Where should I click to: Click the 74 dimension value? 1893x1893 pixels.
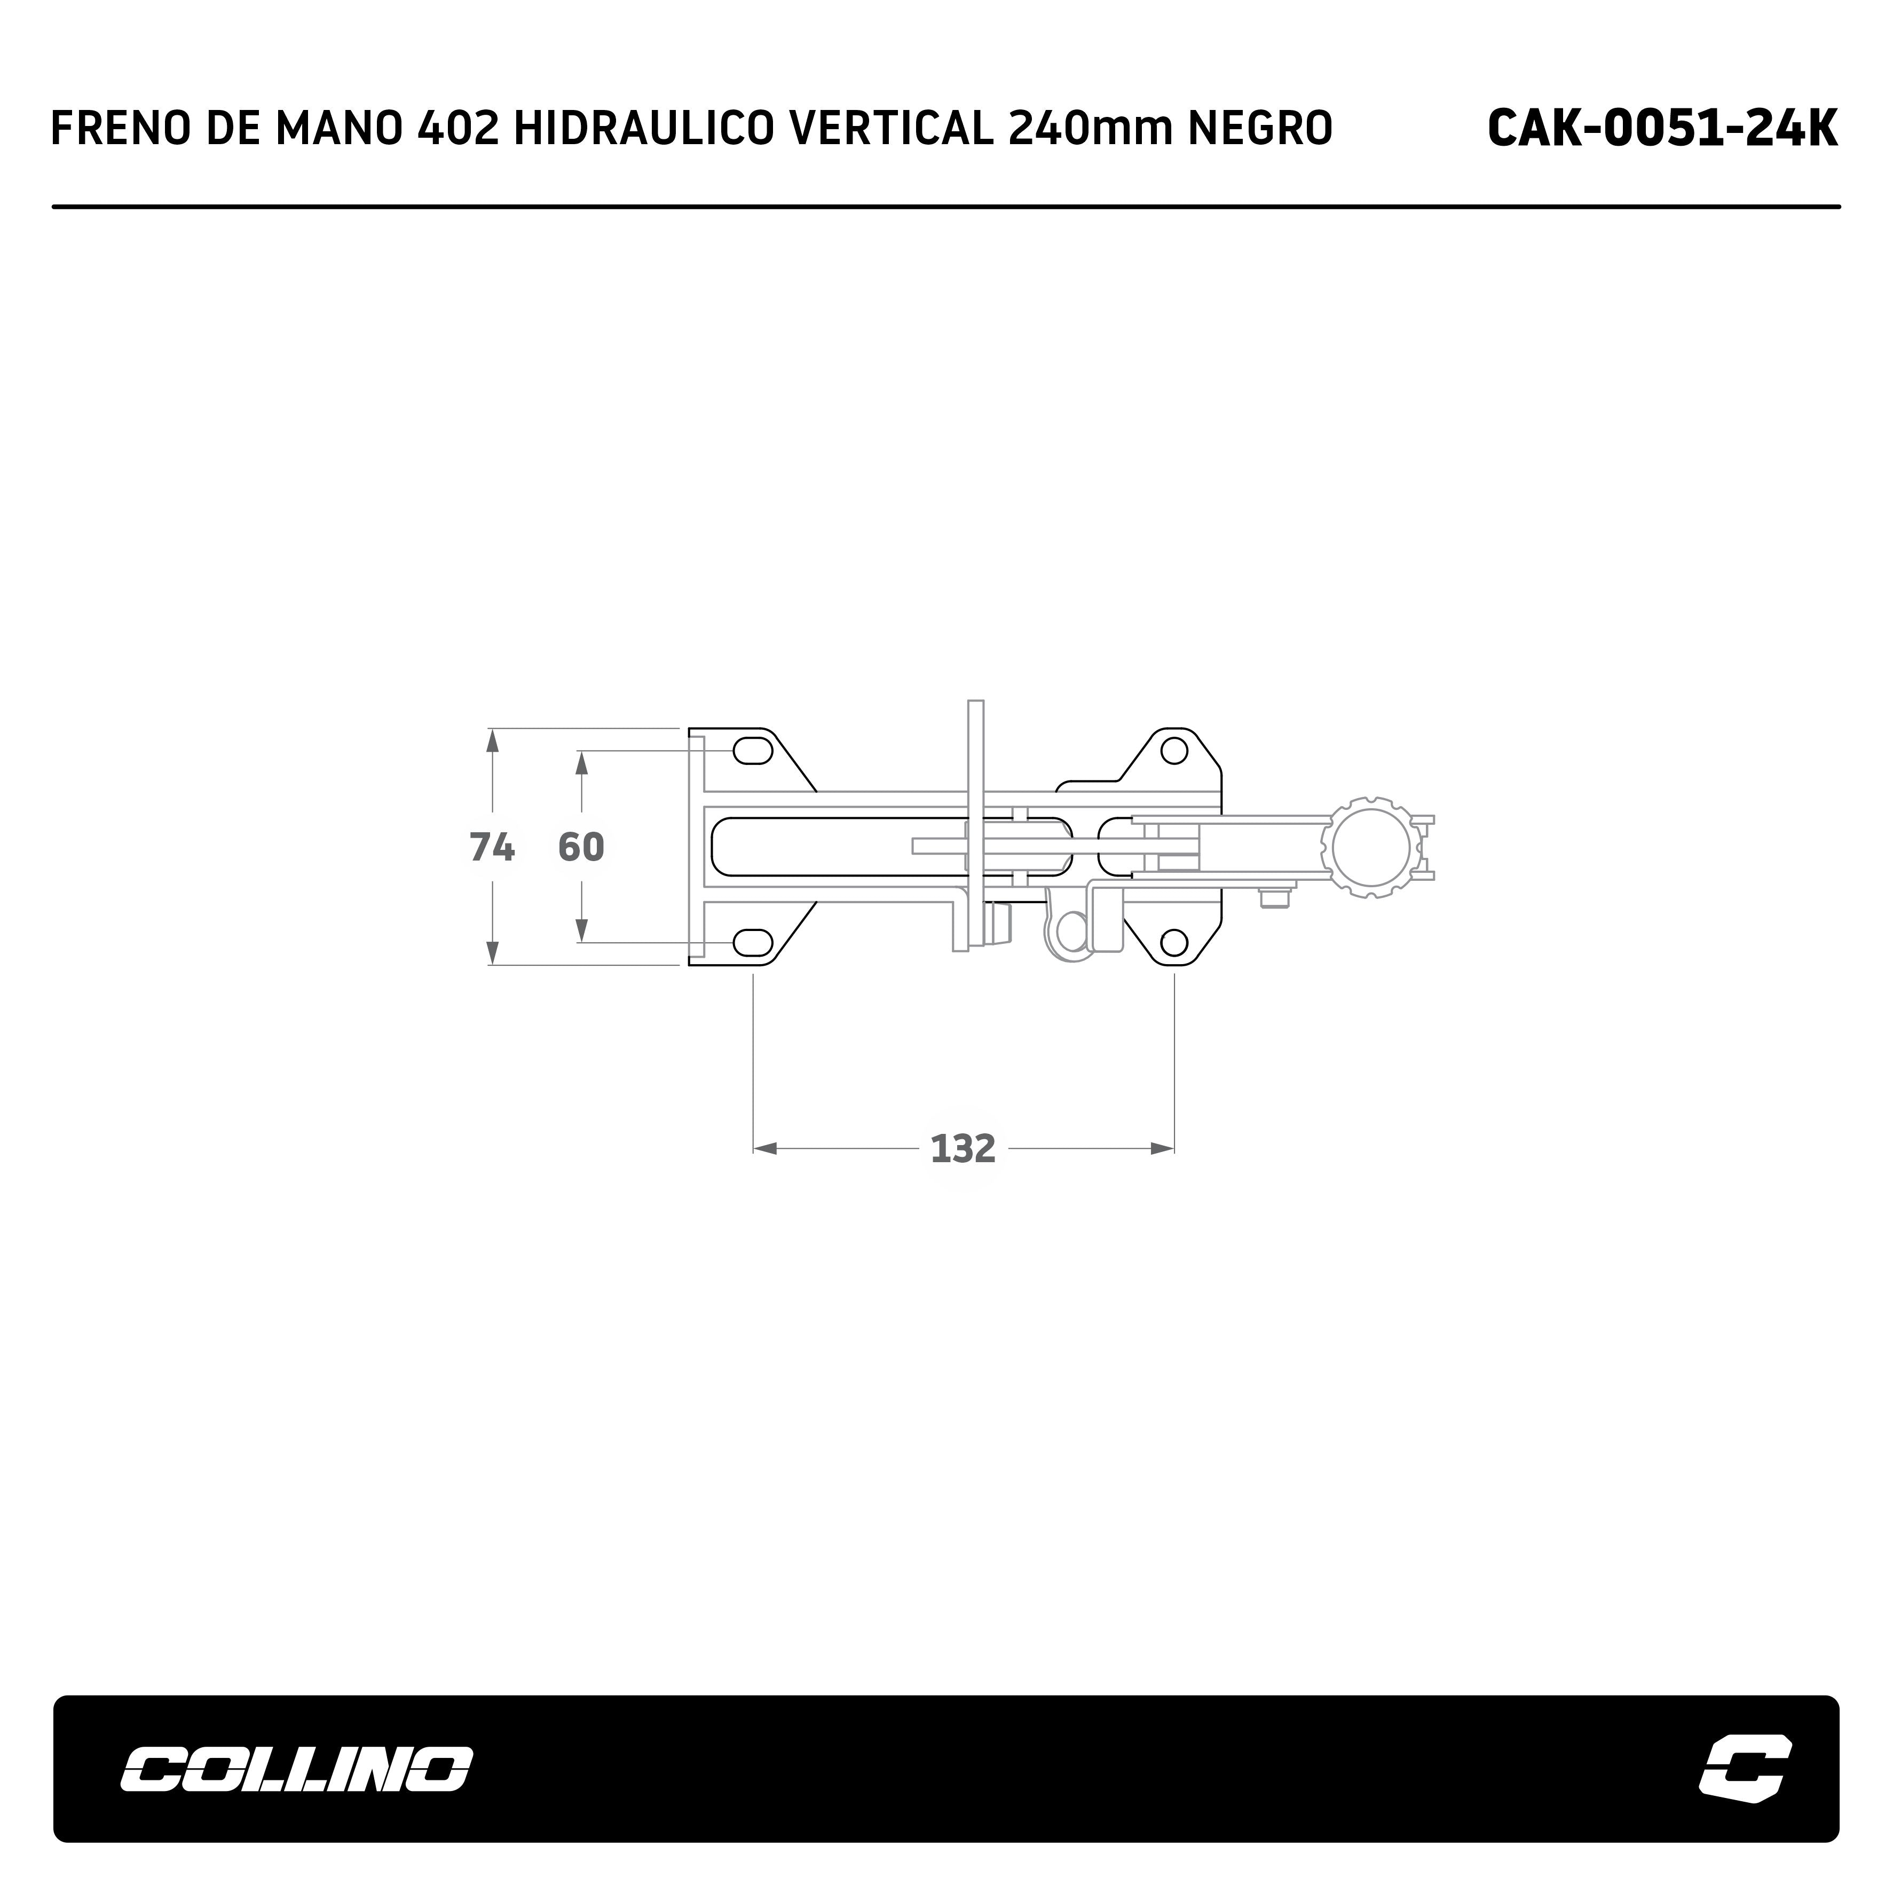[x=492, y=847]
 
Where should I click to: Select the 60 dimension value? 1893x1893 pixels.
[x=581, y=847]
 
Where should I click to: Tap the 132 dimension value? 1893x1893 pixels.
[x=963, y=1148]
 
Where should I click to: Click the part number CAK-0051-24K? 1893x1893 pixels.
[x=1662, y=128]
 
